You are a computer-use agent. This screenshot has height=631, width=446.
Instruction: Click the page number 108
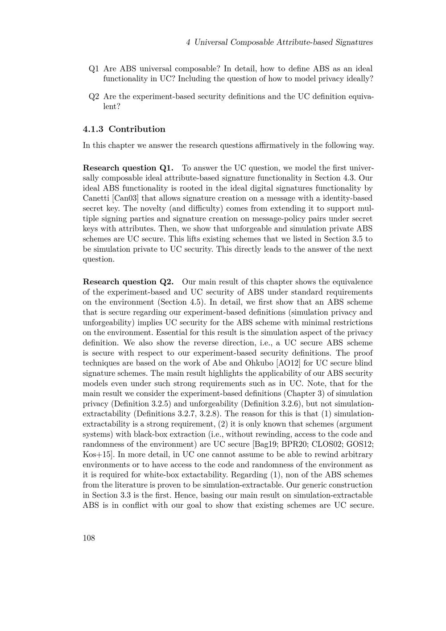click(x=89, y=538)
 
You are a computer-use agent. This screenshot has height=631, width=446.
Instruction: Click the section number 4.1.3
click(x=93, y=129)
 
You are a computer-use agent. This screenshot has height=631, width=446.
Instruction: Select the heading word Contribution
click(x=137, y=129)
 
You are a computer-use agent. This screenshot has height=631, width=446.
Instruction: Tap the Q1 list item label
click(x=94, y=69)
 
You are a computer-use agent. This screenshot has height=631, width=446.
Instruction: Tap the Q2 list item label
click(x=94, y=96)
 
